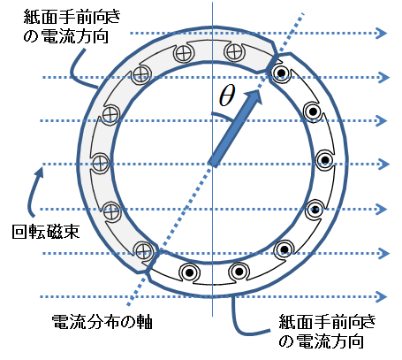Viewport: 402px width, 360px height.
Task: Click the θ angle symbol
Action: pyautogui.click(x=227, y=96)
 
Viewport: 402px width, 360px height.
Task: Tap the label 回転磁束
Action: pyautogui.click(x=46, y=232)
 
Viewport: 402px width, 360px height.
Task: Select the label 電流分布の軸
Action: pyautogui.click(x=102, y=322)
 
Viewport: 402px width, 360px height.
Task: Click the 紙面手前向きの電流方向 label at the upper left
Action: pyautogui.click(x=72, y=27)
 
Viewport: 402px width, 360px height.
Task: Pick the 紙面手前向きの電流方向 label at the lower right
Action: pyautogui.click(x=327, y=331)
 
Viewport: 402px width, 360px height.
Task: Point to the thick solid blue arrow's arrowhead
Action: pyautogui.click(x=253, y=96)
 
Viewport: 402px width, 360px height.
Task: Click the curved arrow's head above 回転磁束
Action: pyautogui.click(x=39, y=172)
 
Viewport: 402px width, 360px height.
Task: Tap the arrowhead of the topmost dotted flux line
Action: pyautogui.click(x=382, y=33)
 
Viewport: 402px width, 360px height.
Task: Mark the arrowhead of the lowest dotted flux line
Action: pyautogui.click(x=382, y=296)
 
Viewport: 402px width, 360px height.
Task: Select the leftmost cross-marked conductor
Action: pyautogui.click(x=101, y=163)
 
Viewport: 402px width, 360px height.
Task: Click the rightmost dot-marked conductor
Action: pyautogui.click(x=325, y=160)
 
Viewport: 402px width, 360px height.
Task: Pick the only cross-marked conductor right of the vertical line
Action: pyautogui.click(x=234, y=52)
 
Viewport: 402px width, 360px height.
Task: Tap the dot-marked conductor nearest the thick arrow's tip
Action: pyautogui.click(x=281, y=73)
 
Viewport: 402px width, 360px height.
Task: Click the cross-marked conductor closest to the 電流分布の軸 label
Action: pyautogui.click(x=143, y=251)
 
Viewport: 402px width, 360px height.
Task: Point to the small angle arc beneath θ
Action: pyautogui.click(x=223, y=116)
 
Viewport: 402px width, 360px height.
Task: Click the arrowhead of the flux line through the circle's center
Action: pyautogui.click(x=383, y=164)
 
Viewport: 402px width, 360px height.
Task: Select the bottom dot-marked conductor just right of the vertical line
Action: pyautogui.click(x=239, y=272)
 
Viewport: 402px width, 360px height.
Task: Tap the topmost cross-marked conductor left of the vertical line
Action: pyautogui.click(x=184, y=53)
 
